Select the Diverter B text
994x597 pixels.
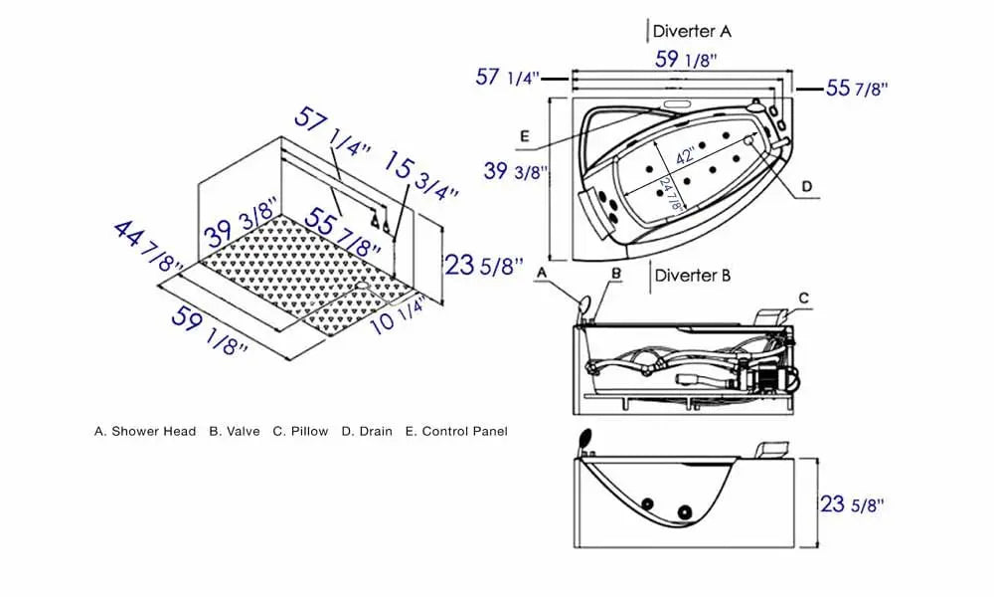692,275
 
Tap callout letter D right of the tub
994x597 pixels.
806,186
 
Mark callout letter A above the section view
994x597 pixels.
542,271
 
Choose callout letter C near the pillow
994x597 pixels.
804,297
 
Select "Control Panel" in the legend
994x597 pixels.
464,432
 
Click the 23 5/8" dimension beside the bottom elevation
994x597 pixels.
850,504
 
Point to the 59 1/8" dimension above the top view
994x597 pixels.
685,59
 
